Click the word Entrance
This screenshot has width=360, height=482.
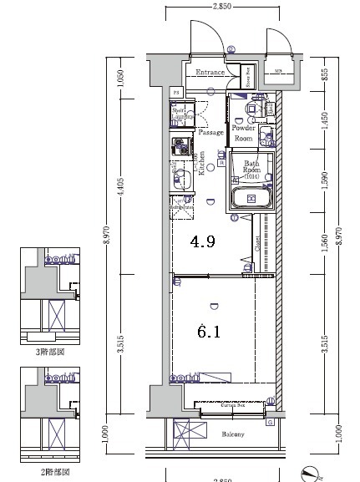tap(210, 73)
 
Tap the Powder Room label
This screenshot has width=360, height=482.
tap(243, 133)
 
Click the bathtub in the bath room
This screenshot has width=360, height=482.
tap(252, 199)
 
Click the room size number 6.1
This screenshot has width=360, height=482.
tap(208, 332)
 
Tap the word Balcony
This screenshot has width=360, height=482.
tap(233, 434)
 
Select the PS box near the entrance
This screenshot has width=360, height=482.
tap(176, 91)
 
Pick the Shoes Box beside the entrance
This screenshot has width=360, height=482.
tap(248, 77)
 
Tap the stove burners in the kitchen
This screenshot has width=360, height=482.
tap(179, 150)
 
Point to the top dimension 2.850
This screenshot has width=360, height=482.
tap(221, 6)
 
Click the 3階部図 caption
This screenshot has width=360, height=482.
tap(49, 353)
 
